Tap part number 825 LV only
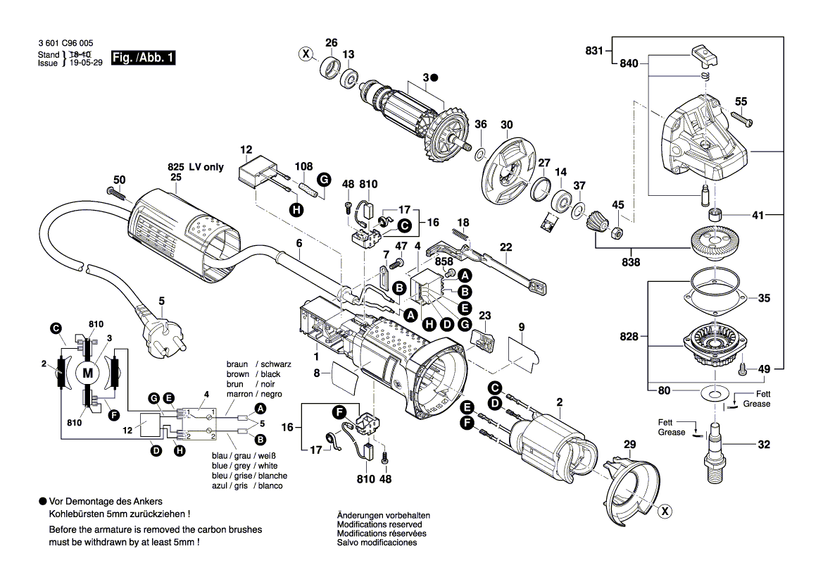point(195,167)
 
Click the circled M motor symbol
point(88,372)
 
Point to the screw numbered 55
point(745,122)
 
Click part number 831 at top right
point(594,51)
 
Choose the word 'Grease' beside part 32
point(672,432)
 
